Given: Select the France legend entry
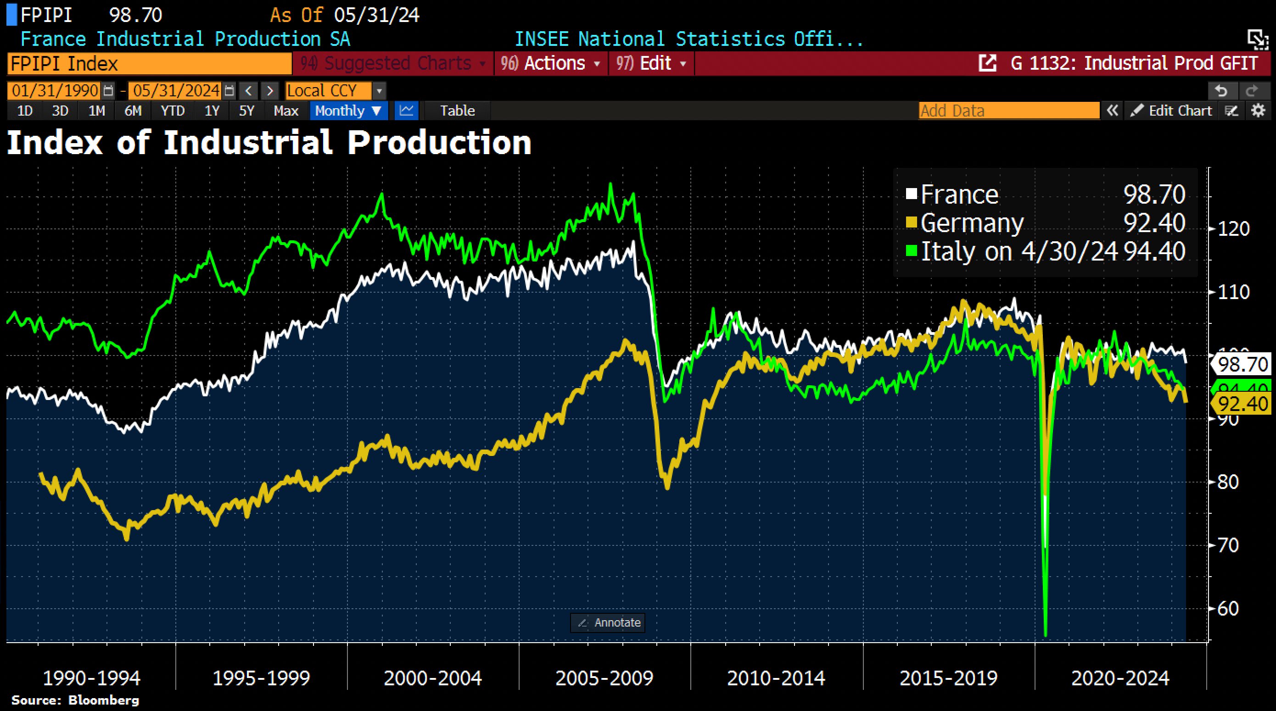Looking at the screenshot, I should pos(959,194).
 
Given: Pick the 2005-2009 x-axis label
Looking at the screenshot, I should pos(604,678).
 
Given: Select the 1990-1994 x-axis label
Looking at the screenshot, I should pos(92,678).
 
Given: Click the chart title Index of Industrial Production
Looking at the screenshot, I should pos(269,143).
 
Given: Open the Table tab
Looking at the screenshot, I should pos(457,111).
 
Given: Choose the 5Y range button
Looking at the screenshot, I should pos(246,111).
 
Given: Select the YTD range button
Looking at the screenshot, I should pos(173,111).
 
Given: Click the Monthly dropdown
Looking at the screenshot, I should pos(348,111).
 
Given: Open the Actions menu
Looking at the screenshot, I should pos(554,63).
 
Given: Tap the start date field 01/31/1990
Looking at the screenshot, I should pos(55,91).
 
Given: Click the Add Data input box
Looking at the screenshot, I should pos(1008,111).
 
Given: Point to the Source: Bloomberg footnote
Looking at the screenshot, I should pos(75,700).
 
